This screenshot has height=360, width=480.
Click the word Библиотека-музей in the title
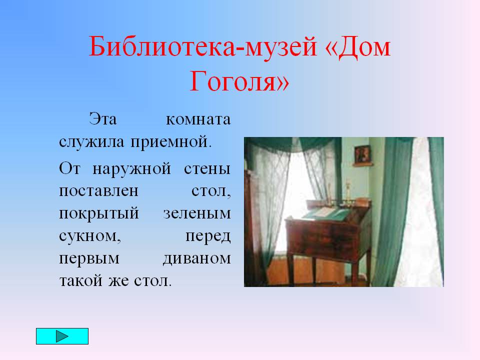click(202, 46)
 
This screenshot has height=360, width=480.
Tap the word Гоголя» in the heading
click(239, 81)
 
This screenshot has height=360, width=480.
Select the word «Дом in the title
click(357, 46)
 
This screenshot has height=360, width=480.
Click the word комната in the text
click(198, 119)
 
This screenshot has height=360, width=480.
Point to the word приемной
click(171, 142)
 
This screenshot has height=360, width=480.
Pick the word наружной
click(131, 169)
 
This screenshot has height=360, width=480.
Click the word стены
click(207, 169)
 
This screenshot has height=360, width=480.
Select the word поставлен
click(98, 191)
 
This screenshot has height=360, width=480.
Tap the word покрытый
click(99, 214)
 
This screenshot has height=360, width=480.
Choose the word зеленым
click(197, 214)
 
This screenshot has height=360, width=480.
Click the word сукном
click(90, 236)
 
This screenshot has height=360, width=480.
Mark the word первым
click(89, 259)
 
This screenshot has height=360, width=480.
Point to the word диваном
click(197, 259)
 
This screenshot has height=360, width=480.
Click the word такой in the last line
click(81, 280)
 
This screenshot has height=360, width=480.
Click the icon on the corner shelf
click(362, 154)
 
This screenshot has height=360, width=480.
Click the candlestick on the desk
click(348, 193)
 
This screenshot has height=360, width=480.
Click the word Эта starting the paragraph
click(103, 119)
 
